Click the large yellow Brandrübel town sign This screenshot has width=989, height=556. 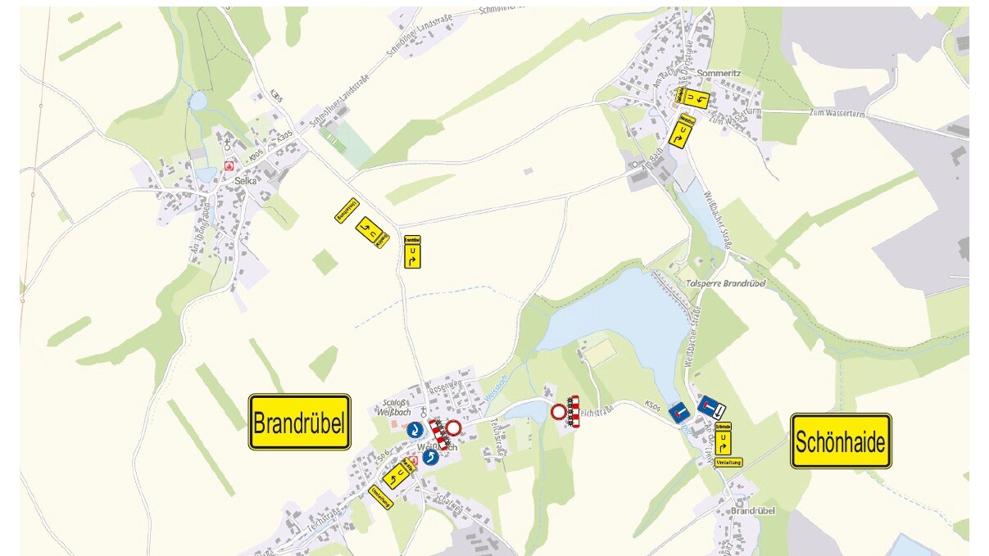tap(300, 423)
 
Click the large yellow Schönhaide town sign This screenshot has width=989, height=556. tap(841, 441)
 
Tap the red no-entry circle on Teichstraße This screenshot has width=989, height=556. tap(559, 411)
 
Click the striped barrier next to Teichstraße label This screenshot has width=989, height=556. tap(573, 410)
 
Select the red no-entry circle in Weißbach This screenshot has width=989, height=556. tap(453, 427)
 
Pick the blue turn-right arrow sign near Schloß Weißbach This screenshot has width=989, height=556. tap(415, 429)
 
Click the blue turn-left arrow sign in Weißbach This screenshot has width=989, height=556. tap(431, 456)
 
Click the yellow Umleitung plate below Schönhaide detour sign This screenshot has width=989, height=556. tap(728, 463)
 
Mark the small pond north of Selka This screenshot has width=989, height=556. tap(197, 101)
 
